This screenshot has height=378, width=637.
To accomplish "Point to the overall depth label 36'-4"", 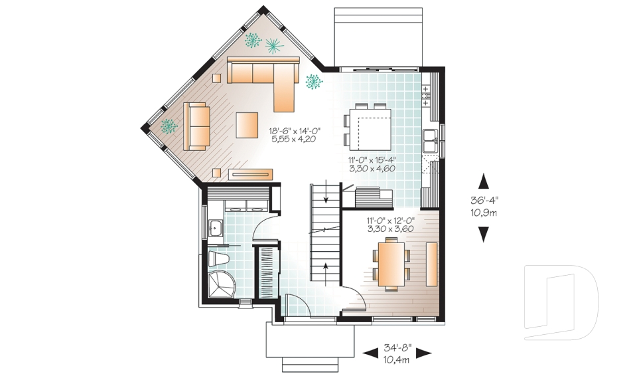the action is tap(484, 200).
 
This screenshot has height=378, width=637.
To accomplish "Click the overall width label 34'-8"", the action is tap(397, 348).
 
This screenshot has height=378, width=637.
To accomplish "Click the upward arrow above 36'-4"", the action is tap(483, 181).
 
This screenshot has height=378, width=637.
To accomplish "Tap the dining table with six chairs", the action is tap(391, 266).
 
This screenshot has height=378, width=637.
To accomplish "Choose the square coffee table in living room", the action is tap(247, 126).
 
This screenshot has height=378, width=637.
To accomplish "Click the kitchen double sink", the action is tap(429, 141).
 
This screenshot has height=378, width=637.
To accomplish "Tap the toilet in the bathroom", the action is tap(218, 258).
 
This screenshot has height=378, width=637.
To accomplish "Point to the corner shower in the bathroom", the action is tap(221, 284).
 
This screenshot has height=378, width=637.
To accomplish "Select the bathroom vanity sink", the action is tap(215, 229).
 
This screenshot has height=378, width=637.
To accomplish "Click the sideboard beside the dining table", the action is tap(431, 264).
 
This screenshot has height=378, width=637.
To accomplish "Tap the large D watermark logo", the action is tap(561, 302).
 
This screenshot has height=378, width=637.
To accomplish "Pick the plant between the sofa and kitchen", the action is tap(314, 81).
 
